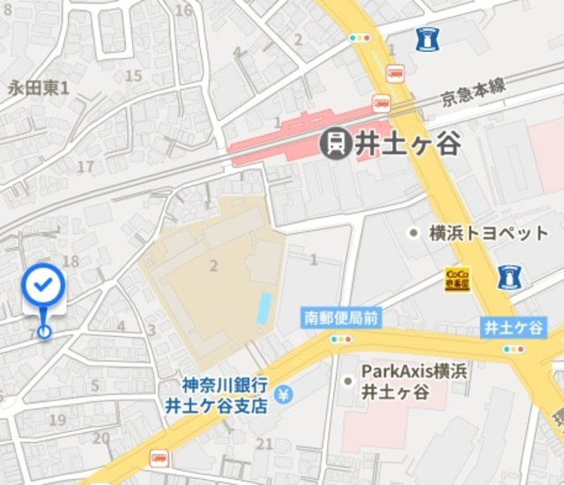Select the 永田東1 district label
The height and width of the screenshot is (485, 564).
[x=38, y=87]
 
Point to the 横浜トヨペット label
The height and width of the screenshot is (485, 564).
[x=488, y=233]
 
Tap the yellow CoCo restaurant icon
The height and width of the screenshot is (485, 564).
[x=457, y=280]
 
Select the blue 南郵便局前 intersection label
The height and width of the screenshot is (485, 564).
[x=341, y=317]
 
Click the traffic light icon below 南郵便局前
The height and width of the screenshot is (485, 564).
[x=341, y=339]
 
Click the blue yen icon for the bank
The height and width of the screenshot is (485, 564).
[x=283, y=392]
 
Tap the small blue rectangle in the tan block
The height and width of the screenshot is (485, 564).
[x=263, y=308]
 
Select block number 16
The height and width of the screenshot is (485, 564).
[x=183, y=11]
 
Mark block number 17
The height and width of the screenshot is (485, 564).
[x=85, y=166]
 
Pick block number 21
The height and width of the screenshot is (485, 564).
[x=265, y=444]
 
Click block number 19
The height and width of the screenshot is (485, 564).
[x=57, y=420]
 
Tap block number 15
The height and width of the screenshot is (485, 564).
[x=133, y=76]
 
